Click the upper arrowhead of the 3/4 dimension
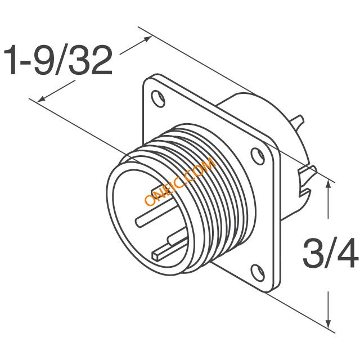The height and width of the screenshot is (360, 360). pyautogui.click(x=328, y=186)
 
